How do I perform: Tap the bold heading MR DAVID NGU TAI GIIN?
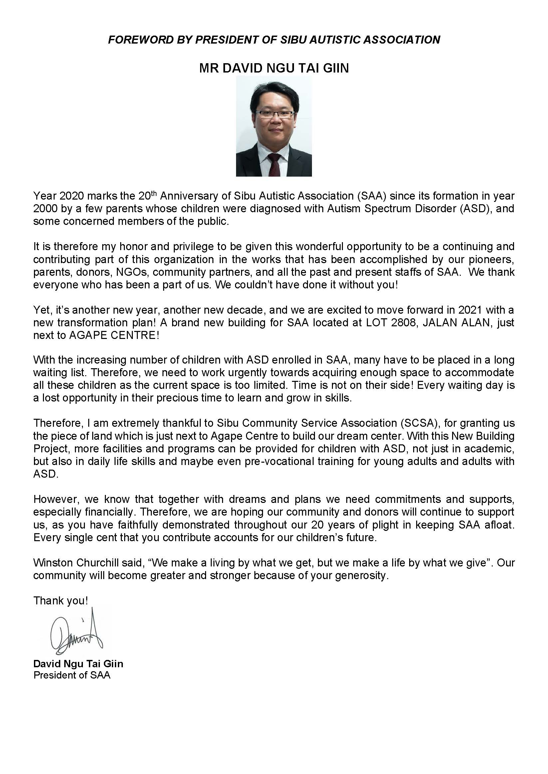(x=274, y=68)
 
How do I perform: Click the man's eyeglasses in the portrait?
(x=274, y=114)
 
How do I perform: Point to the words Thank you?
(x=61, y=600)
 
